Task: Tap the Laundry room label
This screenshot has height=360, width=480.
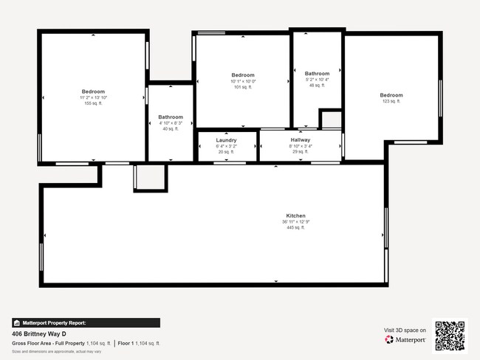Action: coord(226,140)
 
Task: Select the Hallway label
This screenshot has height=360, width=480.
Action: coord(301,140)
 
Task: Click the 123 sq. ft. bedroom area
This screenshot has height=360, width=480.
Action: coord(391,101)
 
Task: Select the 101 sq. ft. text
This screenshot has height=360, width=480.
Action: coord(243,87)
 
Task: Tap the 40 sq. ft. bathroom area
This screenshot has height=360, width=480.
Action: coord(171,129)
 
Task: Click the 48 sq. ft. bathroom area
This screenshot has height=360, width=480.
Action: coord(317,86)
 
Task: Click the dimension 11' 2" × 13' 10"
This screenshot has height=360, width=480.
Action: coord(93,98)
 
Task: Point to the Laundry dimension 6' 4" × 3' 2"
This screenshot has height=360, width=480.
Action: coord(226,146)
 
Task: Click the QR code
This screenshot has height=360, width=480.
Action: coord(450,335)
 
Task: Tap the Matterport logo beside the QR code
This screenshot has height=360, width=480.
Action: coord(405,340)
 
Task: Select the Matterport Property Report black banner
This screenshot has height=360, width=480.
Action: coord(86,322)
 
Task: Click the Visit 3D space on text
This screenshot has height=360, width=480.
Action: coord(405,330)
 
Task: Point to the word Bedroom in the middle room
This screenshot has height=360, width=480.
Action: coord(243,75)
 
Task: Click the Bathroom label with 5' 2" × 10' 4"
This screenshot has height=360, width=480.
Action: coord(317,74)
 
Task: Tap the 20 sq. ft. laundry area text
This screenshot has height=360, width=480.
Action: coord(226,152)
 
